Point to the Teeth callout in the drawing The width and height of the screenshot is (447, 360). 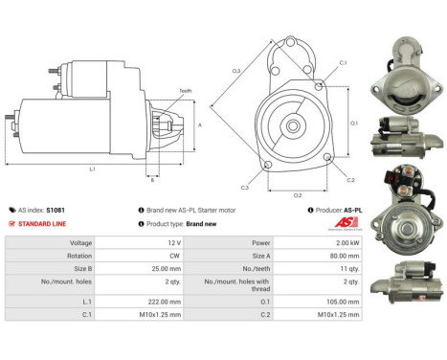tap(185, 90)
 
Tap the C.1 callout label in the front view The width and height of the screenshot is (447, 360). tap(343, 63)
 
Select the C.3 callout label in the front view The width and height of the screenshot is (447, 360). tap(245, 188)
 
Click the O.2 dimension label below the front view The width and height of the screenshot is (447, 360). tap(297, 194)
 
